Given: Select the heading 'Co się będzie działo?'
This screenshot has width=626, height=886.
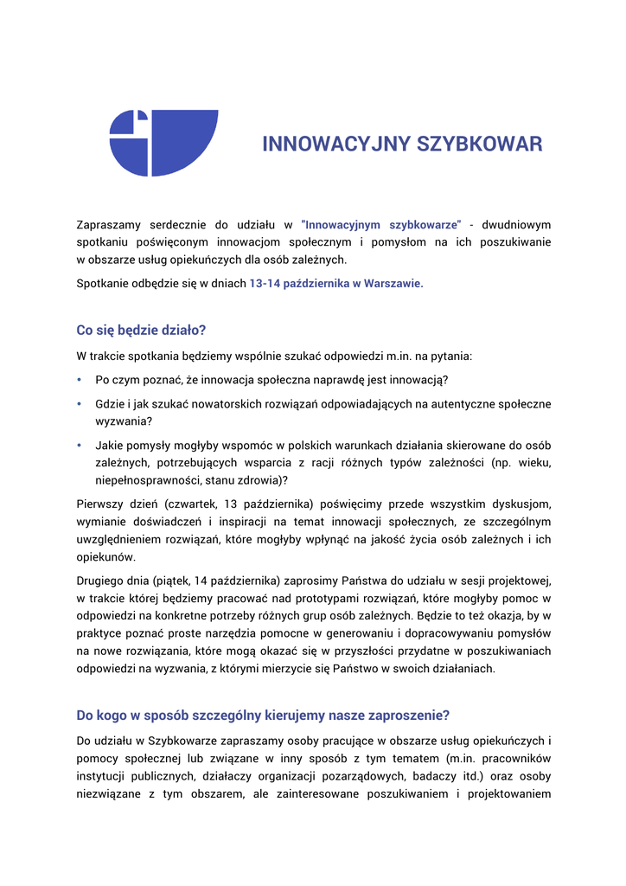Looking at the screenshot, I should point(141,331).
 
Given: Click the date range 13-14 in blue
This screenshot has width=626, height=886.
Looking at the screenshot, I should point(264,283).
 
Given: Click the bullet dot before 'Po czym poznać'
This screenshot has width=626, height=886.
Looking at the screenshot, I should point(80,380).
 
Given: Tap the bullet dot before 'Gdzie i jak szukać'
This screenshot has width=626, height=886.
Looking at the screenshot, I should point(80,404).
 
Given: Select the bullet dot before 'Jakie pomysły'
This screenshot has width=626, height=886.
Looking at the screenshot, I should point(80,445).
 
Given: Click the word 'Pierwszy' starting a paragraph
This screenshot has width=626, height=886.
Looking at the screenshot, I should point(99,503).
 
